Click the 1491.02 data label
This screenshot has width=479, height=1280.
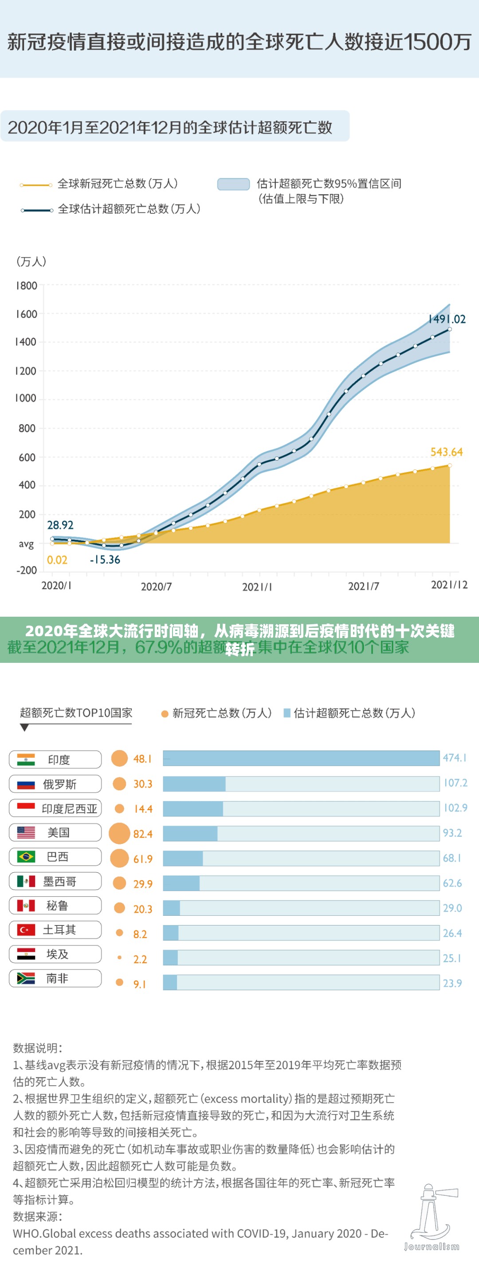tap(447, 319)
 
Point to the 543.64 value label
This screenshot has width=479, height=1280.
tap(446, 452)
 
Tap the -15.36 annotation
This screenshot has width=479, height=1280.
tap(105, 560)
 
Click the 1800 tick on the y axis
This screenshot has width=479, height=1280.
tap(26, 286)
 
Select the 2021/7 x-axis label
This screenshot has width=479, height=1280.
tap(363, 587)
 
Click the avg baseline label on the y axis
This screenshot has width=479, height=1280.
tap(26, 544)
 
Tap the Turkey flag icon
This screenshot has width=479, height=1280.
tap(26, 929)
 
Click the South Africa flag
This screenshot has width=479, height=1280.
tap(26, 978)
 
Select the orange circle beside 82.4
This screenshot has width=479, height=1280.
tap(119, 834)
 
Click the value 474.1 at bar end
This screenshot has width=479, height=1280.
tap(455, 758)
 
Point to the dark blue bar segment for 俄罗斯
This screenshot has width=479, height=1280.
tap(194, 784)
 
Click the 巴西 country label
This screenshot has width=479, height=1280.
tap(58, 857)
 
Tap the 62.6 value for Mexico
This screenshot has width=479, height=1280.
tap(452, 883)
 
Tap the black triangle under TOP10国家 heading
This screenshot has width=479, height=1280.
tap(24, 728)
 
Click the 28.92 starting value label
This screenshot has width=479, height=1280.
tap(60, 525)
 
